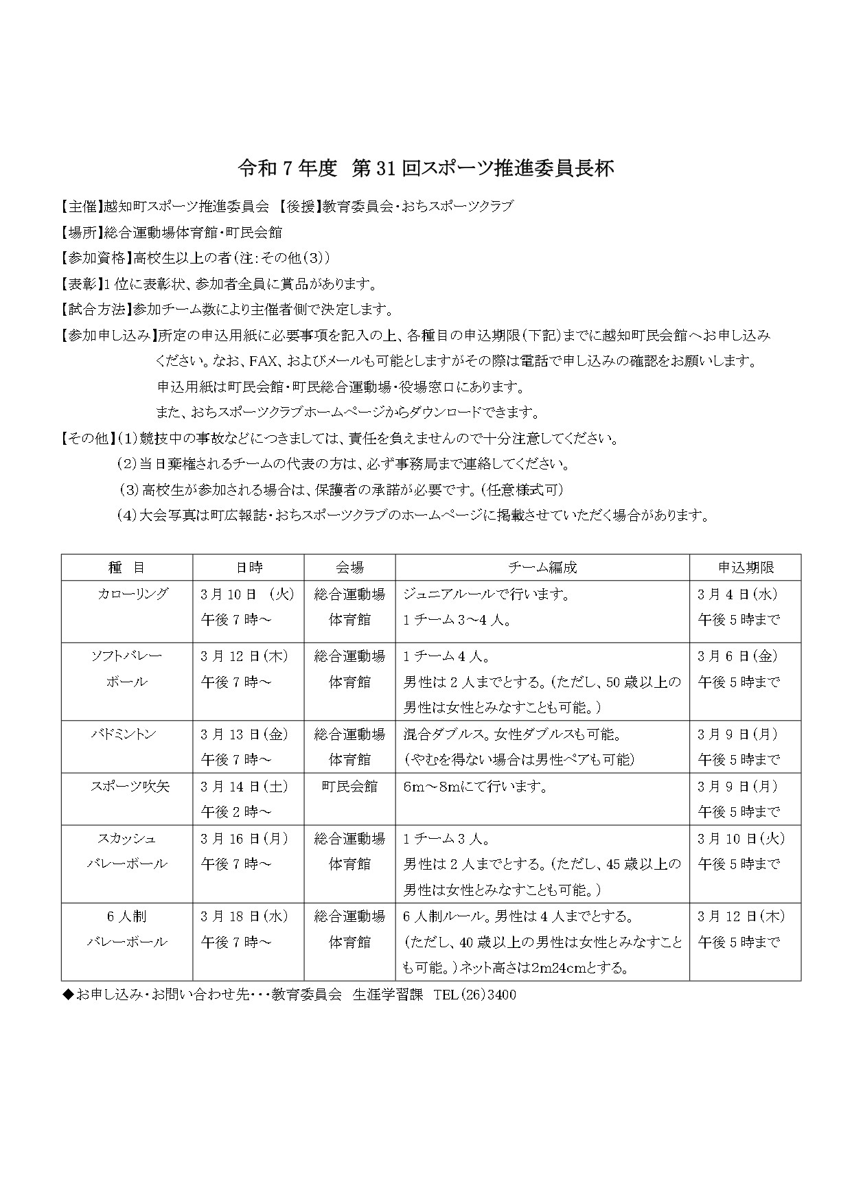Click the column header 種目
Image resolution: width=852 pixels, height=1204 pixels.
coord(126,568)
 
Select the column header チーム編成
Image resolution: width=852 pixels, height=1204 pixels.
coord(542,568)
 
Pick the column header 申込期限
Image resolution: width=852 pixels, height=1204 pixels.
coord(745,568)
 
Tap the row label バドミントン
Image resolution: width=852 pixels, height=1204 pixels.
coord(124,734)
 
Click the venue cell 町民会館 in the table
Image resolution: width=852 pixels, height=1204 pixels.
coord(349,787)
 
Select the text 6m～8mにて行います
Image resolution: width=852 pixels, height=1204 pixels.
coord(475,787)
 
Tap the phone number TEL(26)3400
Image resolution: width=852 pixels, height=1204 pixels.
coord(475,995)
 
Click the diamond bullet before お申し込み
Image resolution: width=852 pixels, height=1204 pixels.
coord(67,995)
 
